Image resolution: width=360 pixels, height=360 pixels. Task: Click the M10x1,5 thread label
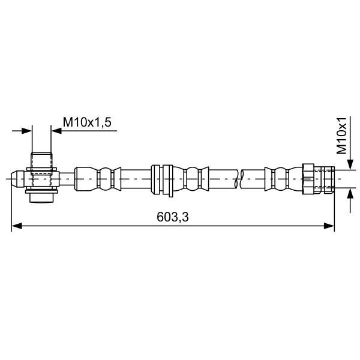pos(87,122)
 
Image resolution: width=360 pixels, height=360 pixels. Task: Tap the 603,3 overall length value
pos(173,217)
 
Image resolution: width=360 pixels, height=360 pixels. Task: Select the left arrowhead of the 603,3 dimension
pos(17,226)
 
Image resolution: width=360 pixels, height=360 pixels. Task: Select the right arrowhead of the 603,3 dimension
pos(329,226)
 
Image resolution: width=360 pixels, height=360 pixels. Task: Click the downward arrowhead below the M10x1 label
pos(350,164)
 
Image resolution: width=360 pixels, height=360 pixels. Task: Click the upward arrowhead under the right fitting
pos(350,194)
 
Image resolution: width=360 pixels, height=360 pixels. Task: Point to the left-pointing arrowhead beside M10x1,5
pos(56,131)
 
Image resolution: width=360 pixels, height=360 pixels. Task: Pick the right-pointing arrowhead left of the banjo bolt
pos(26,131)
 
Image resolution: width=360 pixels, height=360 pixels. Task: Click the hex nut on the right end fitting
pos(308,179)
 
